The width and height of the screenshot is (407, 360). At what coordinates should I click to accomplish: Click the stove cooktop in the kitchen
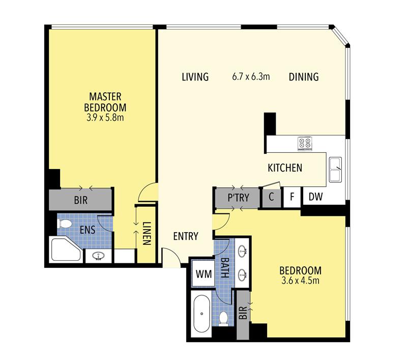coord(305,144)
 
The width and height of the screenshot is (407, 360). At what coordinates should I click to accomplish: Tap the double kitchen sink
coord(335,170)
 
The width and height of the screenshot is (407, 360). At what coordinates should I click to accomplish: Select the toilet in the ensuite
coord(65,224)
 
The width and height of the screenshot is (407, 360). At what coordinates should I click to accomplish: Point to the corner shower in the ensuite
coord(66,249)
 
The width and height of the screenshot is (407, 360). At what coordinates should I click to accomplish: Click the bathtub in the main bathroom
coord(201,314)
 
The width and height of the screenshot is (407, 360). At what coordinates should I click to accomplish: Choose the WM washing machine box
coord(203,273)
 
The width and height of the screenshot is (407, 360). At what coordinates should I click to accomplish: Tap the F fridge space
coord(292,197)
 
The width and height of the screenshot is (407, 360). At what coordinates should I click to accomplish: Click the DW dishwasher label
coord(315,197)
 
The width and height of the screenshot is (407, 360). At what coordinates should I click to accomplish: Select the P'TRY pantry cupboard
coord(238,198)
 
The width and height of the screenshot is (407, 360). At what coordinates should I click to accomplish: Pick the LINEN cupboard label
coord(147,234)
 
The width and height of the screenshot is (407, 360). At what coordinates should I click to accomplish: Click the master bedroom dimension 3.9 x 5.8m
coord(105,118)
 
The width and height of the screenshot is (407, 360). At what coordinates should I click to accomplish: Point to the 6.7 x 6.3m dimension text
coord(251,76)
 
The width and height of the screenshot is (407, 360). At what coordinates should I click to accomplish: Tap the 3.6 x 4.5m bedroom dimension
coord(300,281)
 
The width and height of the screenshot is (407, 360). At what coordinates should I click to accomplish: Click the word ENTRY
coord(186,236)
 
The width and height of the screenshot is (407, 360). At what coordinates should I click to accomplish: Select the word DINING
coord(304,77)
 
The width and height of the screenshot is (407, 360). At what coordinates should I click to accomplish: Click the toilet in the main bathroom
coord(223,318)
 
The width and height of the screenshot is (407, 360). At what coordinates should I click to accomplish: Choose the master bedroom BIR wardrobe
coord(81,200)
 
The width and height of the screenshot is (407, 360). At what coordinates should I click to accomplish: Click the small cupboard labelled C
coord(271,198)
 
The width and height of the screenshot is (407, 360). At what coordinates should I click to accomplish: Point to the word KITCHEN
coord(285,168)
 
